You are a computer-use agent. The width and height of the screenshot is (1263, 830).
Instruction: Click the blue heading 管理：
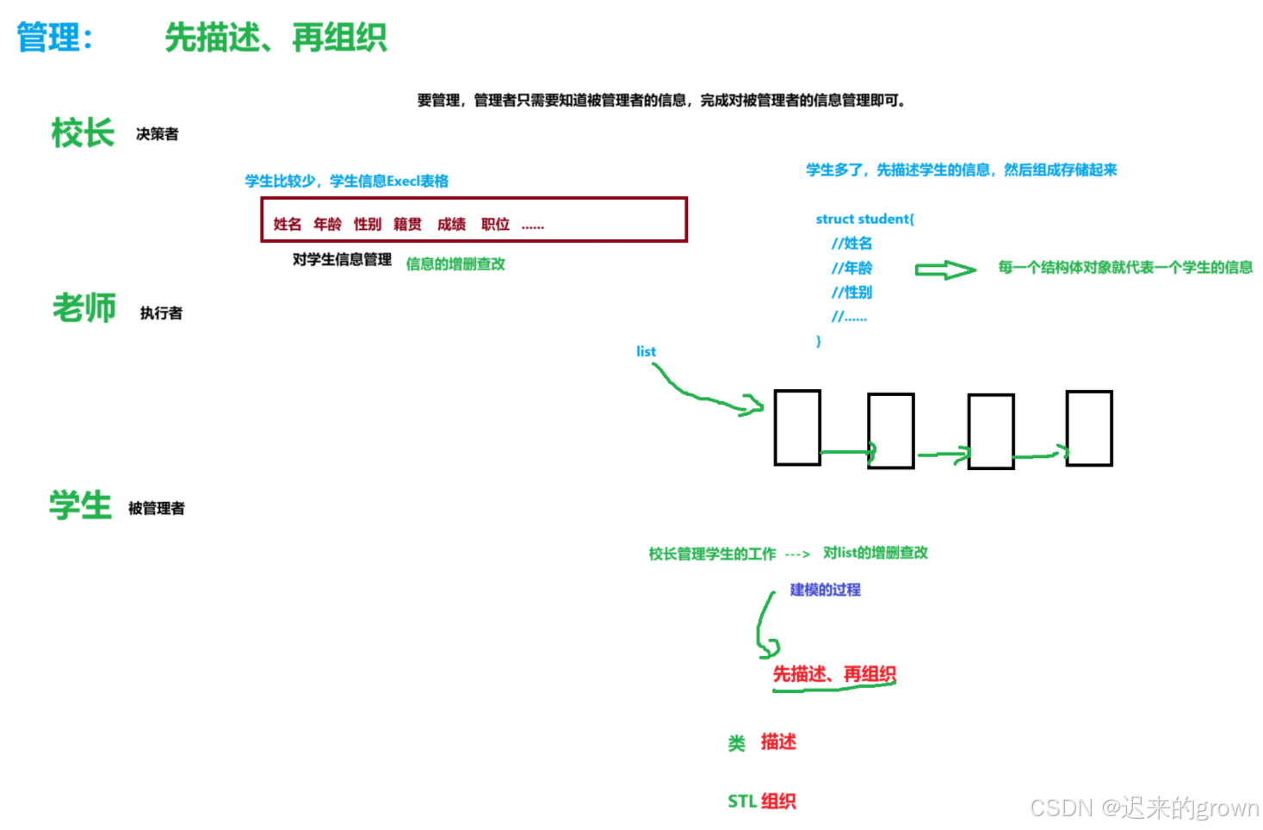click(x=54, y=38)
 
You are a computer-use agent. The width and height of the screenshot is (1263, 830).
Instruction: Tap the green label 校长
click(x=83, y=133)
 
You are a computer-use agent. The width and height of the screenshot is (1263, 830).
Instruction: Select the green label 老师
click(x=84, y=308)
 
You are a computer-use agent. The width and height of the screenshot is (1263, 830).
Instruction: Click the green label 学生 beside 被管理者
click(x=81, y=505)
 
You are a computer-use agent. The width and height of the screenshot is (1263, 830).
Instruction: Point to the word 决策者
click(x=158, y=134)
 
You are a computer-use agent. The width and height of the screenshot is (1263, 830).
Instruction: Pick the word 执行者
click(x=161, y=313)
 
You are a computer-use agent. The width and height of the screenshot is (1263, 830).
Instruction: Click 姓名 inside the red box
click(x=288, y=225)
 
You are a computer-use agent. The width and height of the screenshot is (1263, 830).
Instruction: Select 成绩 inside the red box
click(x=451, y=225)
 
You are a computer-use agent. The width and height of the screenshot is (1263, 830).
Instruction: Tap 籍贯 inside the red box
click(x=407, y=225)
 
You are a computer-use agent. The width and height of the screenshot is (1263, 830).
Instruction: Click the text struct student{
click(x=864, y=220)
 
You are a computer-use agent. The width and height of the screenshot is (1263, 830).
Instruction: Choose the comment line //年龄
click(x=851, y=268)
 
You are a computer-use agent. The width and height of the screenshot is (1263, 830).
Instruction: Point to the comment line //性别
click(x=851, y=293)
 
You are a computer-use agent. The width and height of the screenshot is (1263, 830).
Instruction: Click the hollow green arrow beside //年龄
click(x=944, y=270)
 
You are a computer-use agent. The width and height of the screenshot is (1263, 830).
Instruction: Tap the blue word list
click(x=646, y=351)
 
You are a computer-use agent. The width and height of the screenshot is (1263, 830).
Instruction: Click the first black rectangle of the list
click(x=797, y=427)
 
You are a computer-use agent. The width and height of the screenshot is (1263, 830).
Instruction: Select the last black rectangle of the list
click(x=1089, y=428)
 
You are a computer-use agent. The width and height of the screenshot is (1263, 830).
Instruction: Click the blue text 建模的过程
click(x=825, y=590)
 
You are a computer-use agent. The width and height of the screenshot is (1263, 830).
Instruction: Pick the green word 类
click(x=736, y=743)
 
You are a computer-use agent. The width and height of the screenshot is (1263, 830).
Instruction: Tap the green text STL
click(x=741, y=802)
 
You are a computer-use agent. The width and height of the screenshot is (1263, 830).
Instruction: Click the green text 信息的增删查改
click(x=455, y=264)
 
